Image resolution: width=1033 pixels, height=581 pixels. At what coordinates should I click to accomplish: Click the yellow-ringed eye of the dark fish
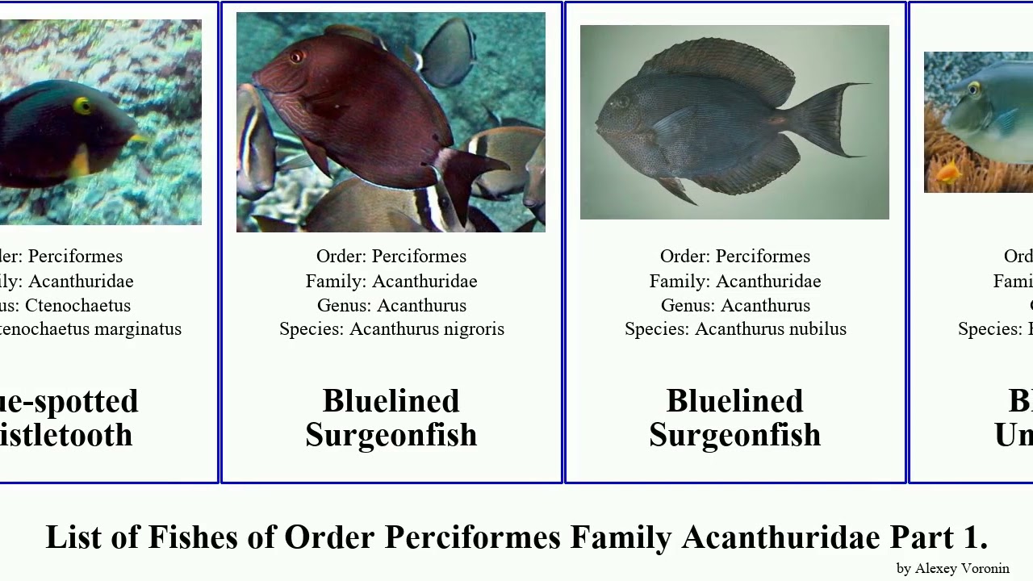pos(83,106)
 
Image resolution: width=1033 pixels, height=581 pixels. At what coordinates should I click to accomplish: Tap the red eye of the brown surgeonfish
pos(296,56)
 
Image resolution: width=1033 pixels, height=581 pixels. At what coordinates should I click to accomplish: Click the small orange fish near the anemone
pos(949,170)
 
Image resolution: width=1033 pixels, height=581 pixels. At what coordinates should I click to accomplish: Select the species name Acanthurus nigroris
pos(426,329)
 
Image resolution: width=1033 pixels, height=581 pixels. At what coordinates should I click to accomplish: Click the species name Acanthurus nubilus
pos(770,329)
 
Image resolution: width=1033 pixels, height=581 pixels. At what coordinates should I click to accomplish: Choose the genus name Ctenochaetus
pos(77,305)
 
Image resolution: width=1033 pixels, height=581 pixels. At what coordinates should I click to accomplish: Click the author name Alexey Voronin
pos(961,568)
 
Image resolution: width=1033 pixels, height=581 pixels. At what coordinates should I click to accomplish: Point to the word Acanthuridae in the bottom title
pos(780,537)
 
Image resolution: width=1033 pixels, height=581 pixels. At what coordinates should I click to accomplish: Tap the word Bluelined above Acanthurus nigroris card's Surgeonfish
pos(391,401)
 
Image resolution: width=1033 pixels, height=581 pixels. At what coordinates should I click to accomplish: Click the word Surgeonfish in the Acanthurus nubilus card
pos(734,435)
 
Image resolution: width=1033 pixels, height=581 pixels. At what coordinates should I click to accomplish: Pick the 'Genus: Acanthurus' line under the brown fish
pos(391,305)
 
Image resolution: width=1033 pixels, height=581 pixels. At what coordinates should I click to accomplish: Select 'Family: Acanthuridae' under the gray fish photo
pos(734,281)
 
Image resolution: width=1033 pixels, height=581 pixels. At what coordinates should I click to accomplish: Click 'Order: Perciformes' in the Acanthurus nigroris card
pos(391,256)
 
